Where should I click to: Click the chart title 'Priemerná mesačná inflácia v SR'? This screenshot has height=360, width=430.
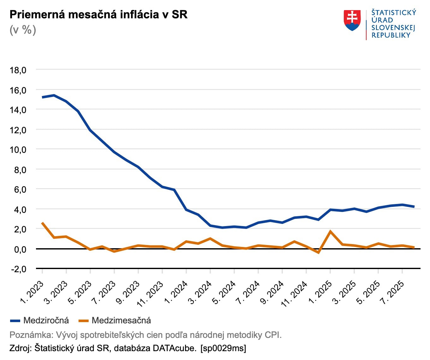pyautogui.click(x=99, y=15)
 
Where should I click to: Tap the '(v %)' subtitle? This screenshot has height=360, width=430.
pyautogui.click(x=23, y=30)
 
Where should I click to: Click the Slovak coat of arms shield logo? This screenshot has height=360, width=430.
pyautogui.click(x=352, y=21)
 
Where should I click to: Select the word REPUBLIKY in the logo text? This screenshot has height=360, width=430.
pyautogui.click(x=391, y=35)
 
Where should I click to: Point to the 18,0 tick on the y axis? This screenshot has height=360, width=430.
pyautogui.click(x=18, y=70)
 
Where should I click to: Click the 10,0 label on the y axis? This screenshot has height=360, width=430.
pyautogui.click(x=18, y=150)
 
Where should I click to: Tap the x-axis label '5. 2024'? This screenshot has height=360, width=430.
pyautogui.click(x=224, y=292)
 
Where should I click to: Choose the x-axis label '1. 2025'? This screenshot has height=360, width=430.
pyautogui.click(x=320, y=292)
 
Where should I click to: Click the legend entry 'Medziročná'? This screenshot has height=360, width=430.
pyautogui.click(x=46, y=321)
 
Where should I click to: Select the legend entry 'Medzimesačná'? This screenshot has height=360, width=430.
pyautogui.click(x=121, y=321)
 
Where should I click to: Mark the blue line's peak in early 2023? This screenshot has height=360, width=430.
pyautogui.click(x=54, y=95)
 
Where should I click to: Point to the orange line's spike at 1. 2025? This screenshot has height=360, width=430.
pyautogui.click(x=330, y=231)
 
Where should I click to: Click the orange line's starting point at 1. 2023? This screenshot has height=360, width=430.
pyautogui.click(x=42, y=223)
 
